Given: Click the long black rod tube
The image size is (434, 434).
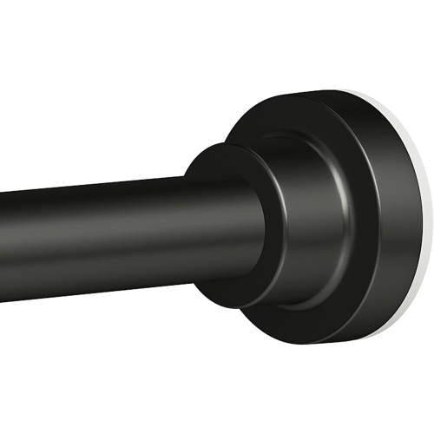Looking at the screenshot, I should pos(95,234).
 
